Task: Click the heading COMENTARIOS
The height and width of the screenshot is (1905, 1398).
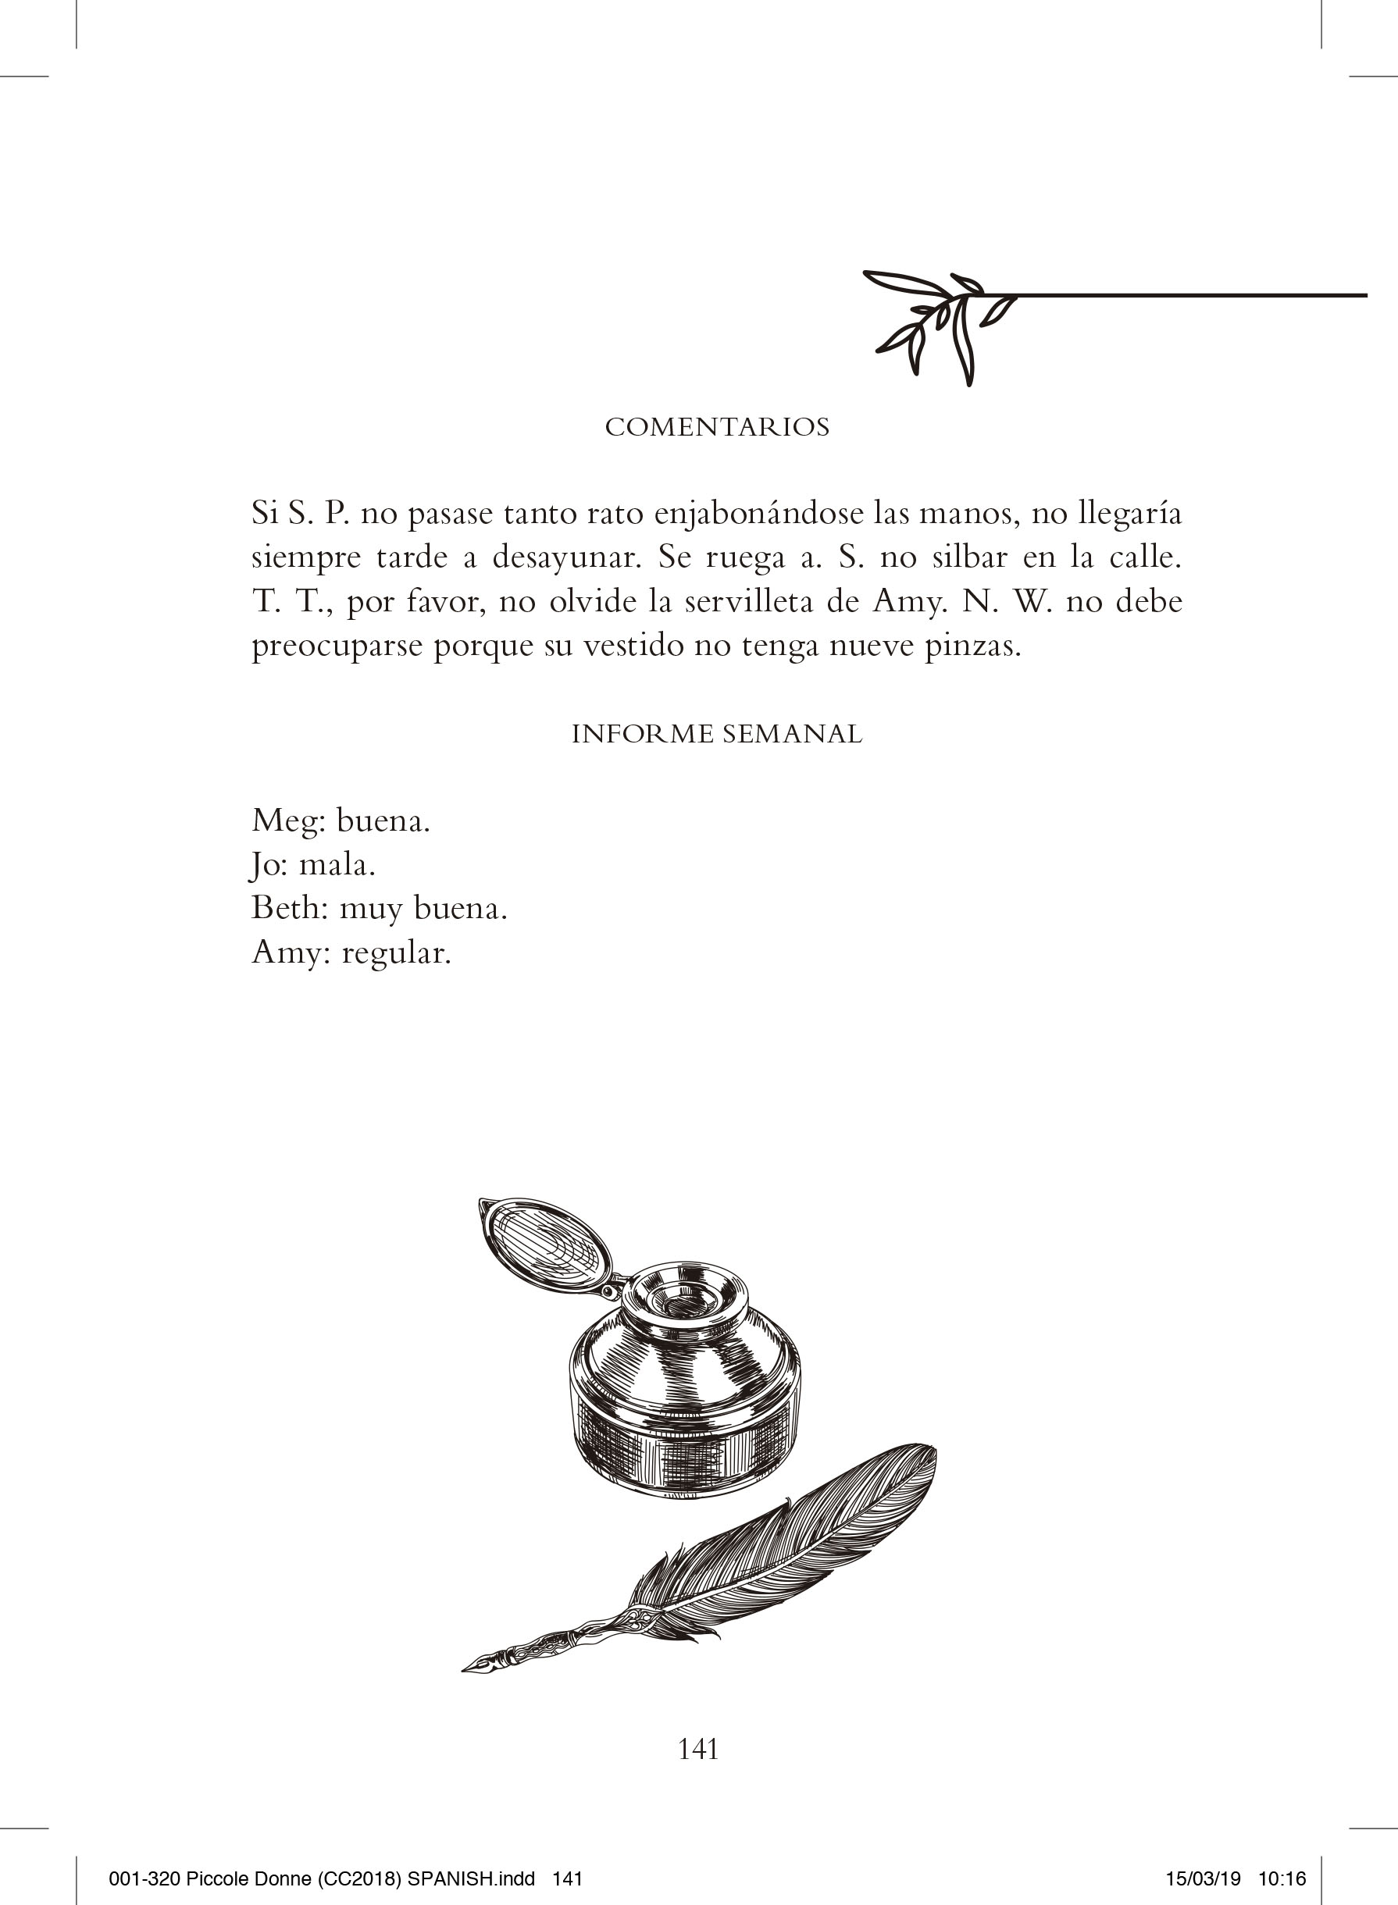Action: [x=717, y=427]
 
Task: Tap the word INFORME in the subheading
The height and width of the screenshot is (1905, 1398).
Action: [x=642, y=733]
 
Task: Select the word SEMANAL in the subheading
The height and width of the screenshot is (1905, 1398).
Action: [x=792, y=733]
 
